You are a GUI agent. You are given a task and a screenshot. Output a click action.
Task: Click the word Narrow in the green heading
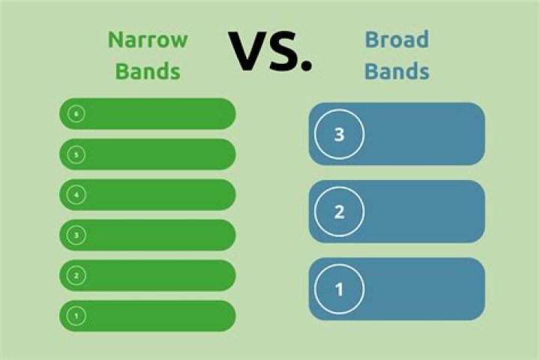[x=148, y=40]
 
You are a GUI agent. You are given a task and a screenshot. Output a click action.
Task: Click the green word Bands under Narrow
[x=148, y=71]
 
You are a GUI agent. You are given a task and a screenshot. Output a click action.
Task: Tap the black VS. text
[x=270, y=51]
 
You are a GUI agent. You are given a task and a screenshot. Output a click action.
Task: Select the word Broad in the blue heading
[x=397, y=39]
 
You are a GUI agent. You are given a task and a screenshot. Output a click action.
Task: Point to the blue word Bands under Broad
[x=397, y=71]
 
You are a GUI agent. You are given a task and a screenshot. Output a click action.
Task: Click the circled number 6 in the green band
[x=76, y=114]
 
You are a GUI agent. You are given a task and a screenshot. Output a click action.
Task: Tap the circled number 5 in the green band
[x=76, y=154]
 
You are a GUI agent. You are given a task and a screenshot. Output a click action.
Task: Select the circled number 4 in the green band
[x=76, y=195]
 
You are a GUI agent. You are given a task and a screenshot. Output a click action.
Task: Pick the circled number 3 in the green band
[x=76, y=235]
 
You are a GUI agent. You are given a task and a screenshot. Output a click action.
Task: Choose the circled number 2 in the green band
[x=76, y=275]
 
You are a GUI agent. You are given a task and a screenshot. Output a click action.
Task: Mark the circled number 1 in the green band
[x=76, y=316]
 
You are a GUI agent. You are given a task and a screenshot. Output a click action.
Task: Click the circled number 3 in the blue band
[x=339, y=134]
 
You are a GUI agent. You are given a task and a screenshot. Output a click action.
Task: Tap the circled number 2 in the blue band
[x=339, y=211]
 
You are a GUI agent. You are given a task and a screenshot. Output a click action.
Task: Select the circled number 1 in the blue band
[x=339, y=289]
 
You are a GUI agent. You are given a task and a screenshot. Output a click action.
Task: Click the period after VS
[x=306, y=65]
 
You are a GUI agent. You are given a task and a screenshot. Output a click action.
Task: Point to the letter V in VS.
[x=249, y=51]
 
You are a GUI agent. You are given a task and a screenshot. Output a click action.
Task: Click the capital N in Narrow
[x=115, y=40]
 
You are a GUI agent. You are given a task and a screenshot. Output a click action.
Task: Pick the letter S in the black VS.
[x=284, y=51]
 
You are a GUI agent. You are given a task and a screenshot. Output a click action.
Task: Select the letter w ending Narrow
[x=179, y=42]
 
